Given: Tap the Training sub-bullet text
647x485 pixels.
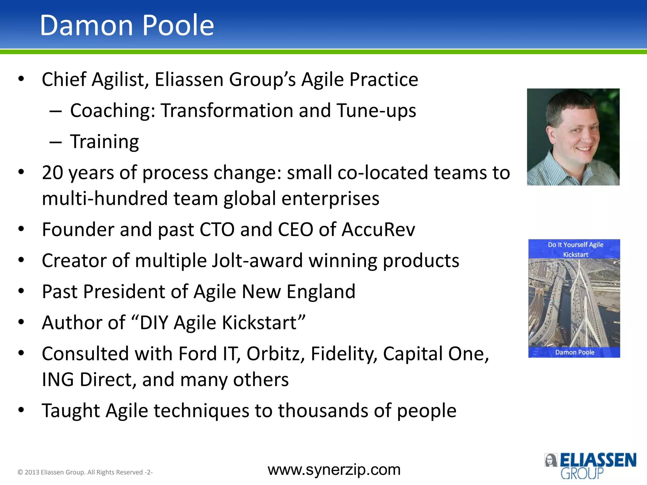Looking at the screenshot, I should (x=104, y=142).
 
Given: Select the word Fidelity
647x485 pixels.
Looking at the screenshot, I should (x=344, y=354).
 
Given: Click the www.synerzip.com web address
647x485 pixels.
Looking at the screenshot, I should (x=334, y=470).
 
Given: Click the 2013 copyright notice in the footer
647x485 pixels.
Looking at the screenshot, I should (x=85, y=472).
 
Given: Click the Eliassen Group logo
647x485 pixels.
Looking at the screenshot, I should (x=590, y=465).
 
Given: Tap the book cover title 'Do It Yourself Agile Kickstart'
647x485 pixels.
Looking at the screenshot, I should (x=575, y=249).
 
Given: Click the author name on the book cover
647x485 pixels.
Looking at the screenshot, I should (x=575, y=352).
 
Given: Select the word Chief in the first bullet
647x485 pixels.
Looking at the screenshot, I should (x=64, y=79).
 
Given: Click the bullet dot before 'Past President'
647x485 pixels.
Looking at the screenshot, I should (x=21, y=291).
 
